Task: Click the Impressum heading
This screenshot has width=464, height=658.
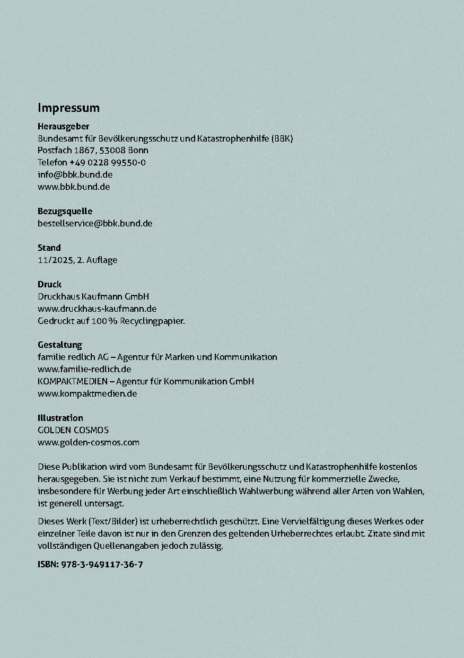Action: click(x=68, y=108)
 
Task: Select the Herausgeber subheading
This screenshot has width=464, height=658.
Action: click(x=63, y=126)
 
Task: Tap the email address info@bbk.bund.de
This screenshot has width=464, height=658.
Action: click(x=75, y=174)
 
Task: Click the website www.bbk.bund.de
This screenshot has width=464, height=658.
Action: click(x=74, y=187)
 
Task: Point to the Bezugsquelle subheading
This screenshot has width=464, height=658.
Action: click(x=65, y=211)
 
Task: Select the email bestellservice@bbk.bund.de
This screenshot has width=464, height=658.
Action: click(x=95, y=223)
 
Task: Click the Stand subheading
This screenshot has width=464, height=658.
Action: click(x=49, y=248)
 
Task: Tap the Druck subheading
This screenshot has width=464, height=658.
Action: click(x=49, y=284)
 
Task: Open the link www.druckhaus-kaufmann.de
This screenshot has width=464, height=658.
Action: click(x=97, y=309)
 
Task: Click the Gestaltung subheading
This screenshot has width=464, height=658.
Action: click(x=60, y=345)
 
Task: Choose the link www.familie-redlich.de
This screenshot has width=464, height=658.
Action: click(x=84, y=369)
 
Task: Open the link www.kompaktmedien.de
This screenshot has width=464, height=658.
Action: click(x=87, y=393)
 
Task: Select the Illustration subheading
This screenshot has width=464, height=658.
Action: click(x=60, y=418)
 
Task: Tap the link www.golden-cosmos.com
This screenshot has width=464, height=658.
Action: click(x=89, y=442)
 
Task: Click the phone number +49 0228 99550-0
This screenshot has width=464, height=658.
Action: click(x=108, y=162)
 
